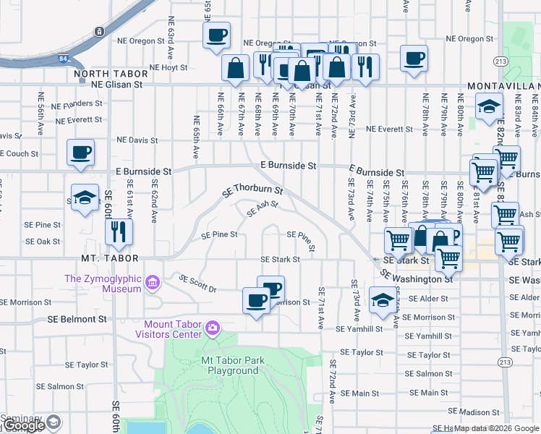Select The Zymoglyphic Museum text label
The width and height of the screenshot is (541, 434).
click(102, 283)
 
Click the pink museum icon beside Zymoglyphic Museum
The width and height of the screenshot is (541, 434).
click(152, 282)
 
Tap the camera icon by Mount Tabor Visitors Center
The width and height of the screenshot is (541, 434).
click(212, 328)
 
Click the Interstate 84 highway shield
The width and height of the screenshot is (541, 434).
click(98, 33)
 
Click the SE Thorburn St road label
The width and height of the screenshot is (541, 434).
click(251, 192)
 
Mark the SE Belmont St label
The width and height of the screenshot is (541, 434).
click(77, 318)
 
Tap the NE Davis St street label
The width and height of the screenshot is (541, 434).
click(137, 140)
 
